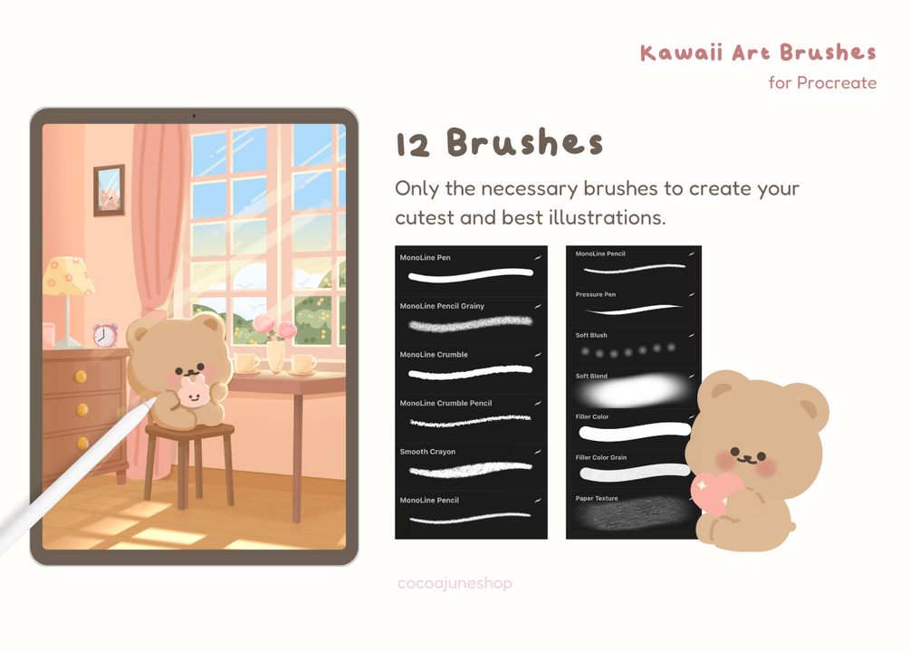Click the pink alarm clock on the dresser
coord(105,335)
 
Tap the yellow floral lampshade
coord(68,276)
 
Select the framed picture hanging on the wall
coord(109,190)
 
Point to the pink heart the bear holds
coord(715,491)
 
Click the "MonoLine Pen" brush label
coord(425,258)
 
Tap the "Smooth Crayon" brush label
coord(427,452)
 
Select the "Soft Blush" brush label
coord(591,336)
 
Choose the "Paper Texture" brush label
coord(597,499)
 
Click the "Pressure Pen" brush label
coord(596,295)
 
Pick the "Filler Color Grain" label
coord(601,458)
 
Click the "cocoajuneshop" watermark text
coord(455,583)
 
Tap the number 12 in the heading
coord(413,145)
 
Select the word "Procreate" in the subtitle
coord(837,83)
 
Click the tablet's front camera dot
coord(194,116)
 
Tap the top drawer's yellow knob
coord(81,377)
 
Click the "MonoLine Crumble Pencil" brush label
coord(445,404)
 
